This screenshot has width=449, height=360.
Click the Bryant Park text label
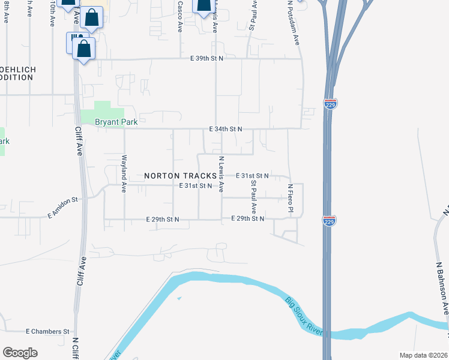tap(116, 122)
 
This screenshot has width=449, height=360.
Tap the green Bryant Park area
tap(109, 111)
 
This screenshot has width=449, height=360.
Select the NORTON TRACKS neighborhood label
tap(180, 176)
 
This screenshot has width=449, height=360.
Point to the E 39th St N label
tap(206, 58)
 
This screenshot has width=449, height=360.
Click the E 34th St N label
tap(225, 129)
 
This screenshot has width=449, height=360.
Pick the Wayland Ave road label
tap(124, 173)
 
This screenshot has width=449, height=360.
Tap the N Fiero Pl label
tap(289, 198)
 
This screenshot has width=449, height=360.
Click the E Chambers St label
tap(48, 331)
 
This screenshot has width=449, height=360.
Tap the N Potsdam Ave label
tap(293, 23)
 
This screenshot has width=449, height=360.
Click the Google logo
tap(20, 353)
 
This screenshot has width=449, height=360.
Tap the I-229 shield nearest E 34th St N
tap(330, 103)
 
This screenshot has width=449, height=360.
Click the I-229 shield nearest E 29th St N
tap(329, 220)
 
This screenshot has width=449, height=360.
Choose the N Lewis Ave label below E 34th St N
tap(221, 174)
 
